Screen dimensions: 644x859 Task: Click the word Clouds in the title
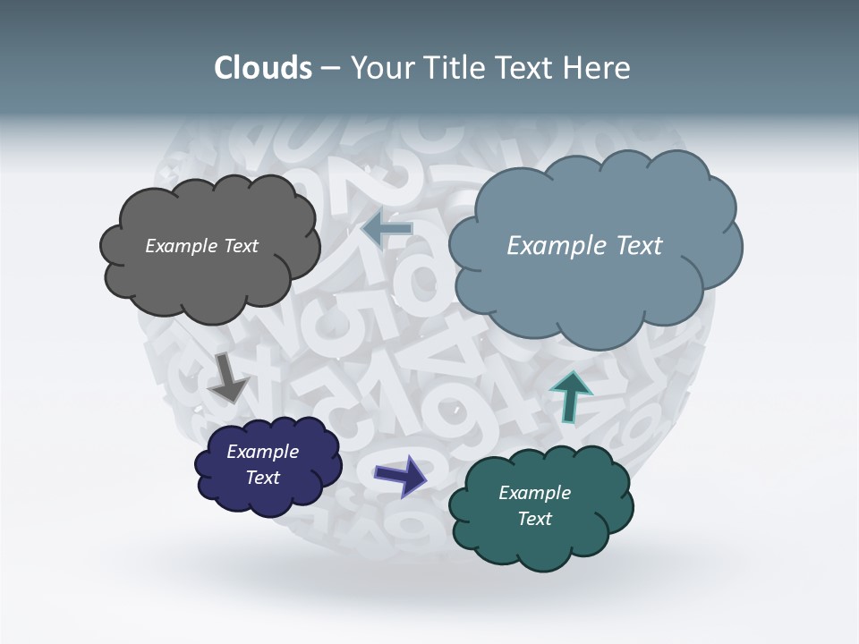pos(262,68)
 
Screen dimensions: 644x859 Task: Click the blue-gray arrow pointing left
pos(387,229)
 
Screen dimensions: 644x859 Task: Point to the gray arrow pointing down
pos(228,377)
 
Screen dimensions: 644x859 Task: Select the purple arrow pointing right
pos(401,475)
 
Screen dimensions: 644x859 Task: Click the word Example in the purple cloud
pos(262,452)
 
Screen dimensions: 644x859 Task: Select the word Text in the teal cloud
pos(534,519)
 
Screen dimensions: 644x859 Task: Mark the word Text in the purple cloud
pos(262,478)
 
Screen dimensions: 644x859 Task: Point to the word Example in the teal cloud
pos(534,493)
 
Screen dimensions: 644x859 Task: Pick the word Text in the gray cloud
pos(241,246)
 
